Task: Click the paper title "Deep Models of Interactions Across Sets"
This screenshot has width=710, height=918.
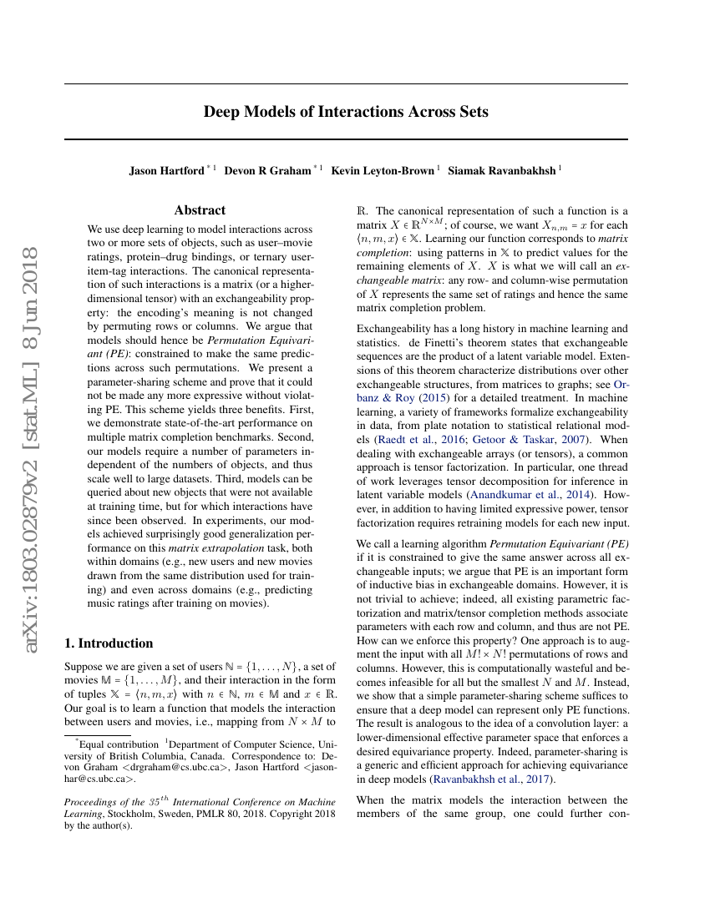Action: (346, 112)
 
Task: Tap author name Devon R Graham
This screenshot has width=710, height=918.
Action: (267, 170)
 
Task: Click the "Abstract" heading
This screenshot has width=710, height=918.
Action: (200, 210)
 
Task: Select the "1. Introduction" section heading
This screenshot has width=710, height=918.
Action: (109, 643)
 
